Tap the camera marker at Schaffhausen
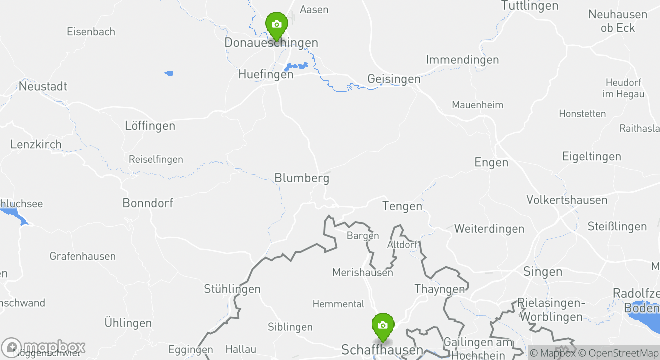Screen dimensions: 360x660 coord(383,326)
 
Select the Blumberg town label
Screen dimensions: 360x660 coord(302,178)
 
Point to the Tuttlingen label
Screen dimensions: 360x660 coord(529,6)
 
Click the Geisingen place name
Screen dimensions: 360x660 coord(394,79)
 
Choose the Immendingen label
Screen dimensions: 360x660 coord(462,60)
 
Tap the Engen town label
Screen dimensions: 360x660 coord(491,162)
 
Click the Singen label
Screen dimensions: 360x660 coord(542,272)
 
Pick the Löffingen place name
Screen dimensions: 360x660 coord(150,126)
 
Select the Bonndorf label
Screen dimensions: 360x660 coord(148,203)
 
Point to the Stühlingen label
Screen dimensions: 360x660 coord(232,289)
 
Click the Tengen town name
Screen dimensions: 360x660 coord(402,206)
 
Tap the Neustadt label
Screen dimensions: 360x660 coord(43,86)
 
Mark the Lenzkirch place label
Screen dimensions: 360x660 coord(36,145)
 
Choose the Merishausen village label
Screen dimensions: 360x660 coord(362,273)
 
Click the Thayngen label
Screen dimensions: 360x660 coord(439,289)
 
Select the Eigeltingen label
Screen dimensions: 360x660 coord(591,156)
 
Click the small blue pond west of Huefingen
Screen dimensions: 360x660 coord(169,73)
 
